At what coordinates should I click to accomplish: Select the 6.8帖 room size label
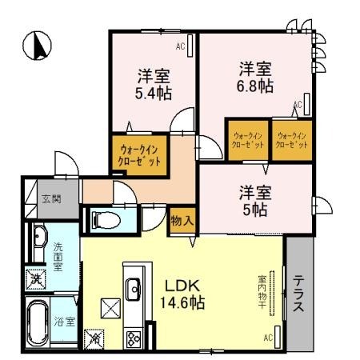255,85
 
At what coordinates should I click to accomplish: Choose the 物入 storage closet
181,222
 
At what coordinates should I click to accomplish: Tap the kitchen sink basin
133,287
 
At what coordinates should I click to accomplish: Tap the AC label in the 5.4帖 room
181,47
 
